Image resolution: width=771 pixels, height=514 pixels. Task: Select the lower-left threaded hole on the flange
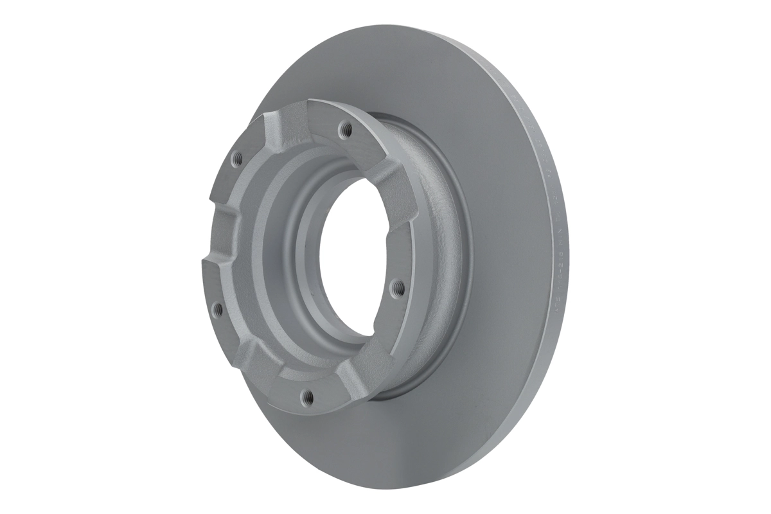(217, 309)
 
